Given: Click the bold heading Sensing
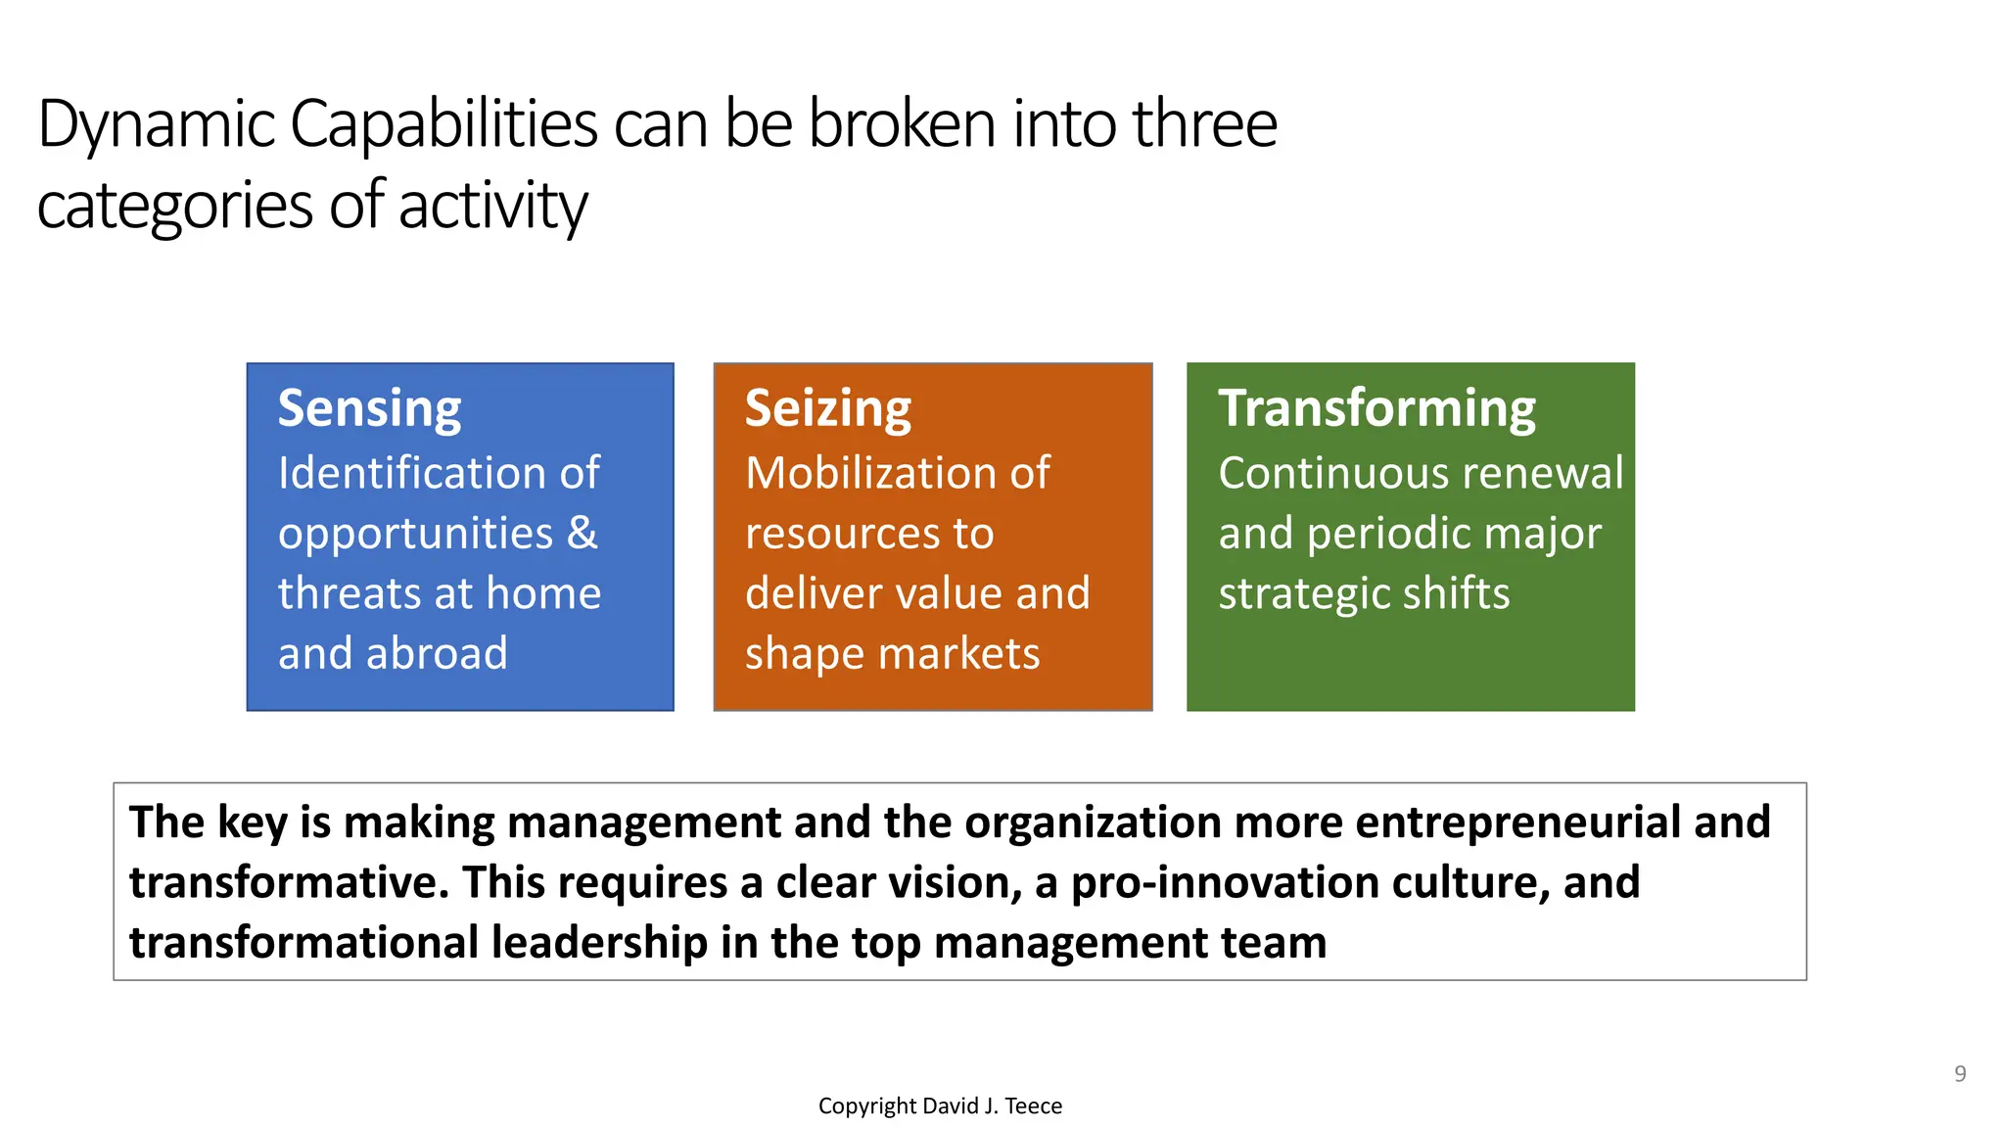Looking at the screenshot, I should click(x=369, y=409).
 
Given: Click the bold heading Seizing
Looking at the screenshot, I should click(x=827, y=409).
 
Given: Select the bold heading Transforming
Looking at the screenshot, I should click(x=1376, y=409).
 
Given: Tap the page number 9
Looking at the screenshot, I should click(x=1960, y=1074).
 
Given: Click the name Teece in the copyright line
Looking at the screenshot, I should click(x=1033, y=1106).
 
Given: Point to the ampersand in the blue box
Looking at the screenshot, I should click(x=582, y=533).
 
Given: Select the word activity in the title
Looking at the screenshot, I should click(x=492, y=207).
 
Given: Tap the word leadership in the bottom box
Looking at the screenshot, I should click(x=599, y=942).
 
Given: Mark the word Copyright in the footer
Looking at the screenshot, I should click(x=866, y=1106).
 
